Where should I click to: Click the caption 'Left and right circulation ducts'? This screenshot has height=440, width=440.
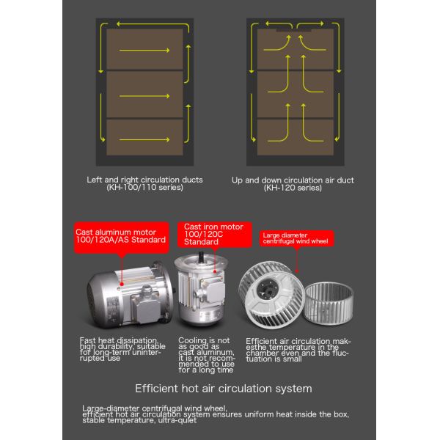tap(144, 179)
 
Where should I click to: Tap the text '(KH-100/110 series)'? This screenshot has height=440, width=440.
tap(144, 188)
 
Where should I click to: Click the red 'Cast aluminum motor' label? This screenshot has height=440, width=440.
tap(121, 235)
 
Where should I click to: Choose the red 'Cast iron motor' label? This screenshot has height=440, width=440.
tap(213, 234)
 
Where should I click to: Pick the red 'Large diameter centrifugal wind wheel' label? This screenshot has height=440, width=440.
tap(296, 238)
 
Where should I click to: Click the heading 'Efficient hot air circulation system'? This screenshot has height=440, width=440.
tap(223, 388)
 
